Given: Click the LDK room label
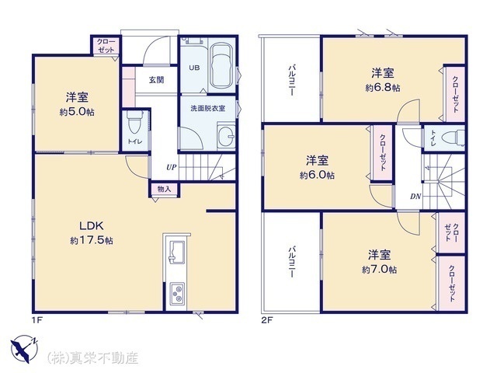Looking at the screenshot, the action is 92,226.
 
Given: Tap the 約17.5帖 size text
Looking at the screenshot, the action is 92,240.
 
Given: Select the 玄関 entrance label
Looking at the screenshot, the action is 157,80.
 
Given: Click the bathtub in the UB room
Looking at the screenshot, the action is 222,65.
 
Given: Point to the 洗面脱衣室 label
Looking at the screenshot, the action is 207,108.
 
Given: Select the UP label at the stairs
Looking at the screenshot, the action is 171,167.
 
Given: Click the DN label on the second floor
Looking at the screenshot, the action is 415,197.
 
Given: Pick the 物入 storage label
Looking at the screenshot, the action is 164,189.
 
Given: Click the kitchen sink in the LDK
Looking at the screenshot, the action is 177,252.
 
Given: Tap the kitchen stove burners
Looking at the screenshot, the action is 177,294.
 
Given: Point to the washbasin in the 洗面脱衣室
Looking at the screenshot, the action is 226,137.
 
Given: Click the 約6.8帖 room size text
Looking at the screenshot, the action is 383,88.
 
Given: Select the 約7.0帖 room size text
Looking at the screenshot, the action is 380,270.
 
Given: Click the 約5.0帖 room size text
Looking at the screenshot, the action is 77,112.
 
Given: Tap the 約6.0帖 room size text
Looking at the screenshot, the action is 317,175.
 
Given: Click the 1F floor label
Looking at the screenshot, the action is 36,319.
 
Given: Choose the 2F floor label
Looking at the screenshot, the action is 267,319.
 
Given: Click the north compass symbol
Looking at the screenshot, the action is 24,348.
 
